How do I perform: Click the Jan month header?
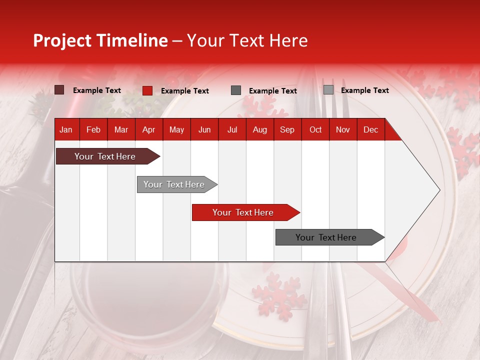(x=66, y=130)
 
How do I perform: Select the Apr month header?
(x=148, y=130)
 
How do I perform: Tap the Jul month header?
(x=232, y=130)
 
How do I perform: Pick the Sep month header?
(x=287, y=130)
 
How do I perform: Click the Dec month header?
(x=370, y=130)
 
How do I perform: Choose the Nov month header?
(x=342, y=130)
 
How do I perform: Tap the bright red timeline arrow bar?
(x=243, y=212)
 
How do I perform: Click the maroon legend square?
(x=59, y=90)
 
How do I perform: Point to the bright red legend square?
(x=147, y=90)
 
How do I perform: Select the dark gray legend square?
(x=236, y=90)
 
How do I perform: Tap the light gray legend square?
(x=328, y=90)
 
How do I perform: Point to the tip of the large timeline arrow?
(x=439, y=190)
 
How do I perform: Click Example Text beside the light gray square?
(x=364, y=90)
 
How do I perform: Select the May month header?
(x=176, y=130)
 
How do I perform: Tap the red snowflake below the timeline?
(x=276, y=295)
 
